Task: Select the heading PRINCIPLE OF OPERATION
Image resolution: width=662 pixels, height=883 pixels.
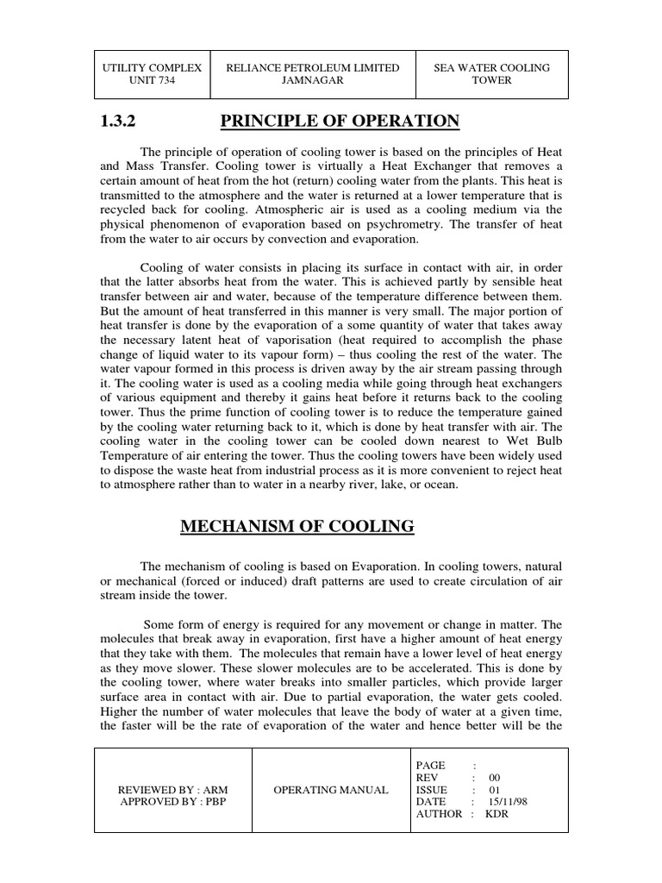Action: coord(340,122)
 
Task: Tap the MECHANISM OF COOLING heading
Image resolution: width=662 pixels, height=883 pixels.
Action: coord(297,526)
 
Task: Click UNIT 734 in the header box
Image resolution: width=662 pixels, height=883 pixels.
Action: coord(152,80)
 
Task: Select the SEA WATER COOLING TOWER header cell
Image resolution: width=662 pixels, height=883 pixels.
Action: coord(491,73)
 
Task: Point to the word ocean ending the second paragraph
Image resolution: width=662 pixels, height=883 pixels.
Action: coord(440,485)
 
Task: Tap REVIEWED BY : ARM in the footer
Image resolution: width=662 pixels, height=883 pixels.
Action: coord(172,790)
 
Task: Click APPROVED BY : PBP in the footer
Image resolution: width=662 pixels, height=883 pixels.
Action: coord(172,802)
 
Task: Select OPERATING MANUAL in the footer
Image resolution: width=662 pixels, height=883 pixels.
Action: coord(330,790)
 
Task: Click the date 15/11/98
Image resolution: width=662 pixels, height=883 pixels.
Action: coord(508,802)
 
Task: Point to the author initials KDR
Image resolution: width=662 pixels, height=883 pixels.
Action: coord(499,814)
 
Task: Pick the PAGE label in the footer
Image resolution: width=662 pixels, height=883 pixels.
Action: coord(431,765)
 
